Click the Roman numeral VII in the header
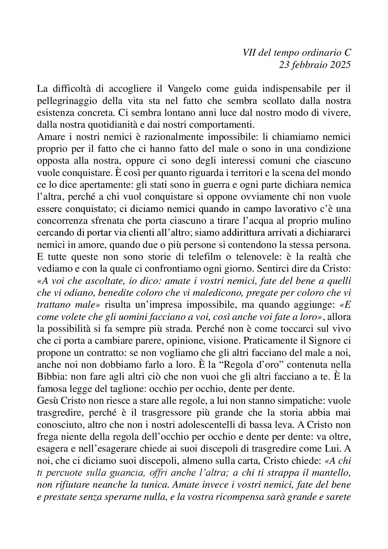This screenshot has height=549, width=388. click(249, 53)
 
